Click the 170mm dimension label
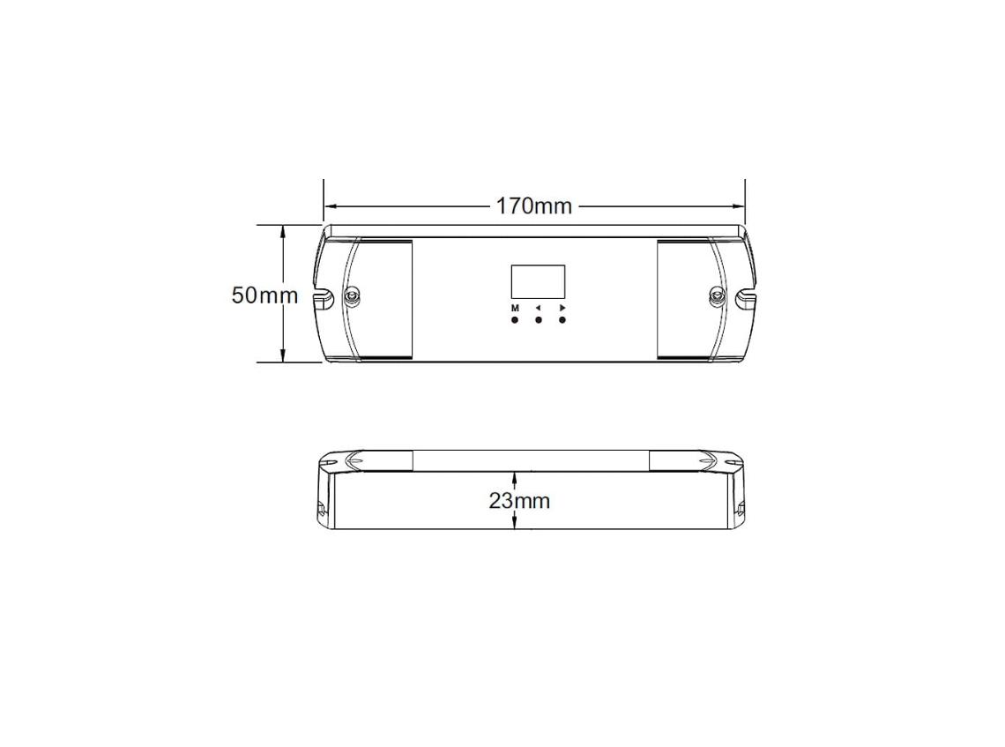coord(534,205)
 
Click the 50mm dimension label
coord(264,295)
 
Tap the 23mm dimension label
coord(519,500)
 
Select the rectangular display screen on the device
coord(538,281)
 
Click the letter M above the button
coord(515,309)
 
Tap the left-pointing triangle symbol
coord(538,309)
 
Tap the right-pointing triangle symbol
coord(562,309)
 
